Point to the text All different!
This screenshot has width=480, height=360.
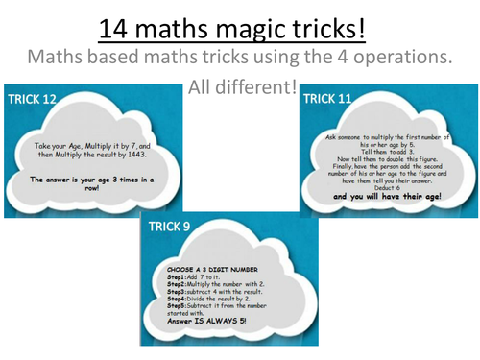pyautogui.click(x=239, y=89)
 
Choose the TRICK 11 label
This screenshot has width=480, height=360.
pyautogui.click(x=330, y=99)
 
